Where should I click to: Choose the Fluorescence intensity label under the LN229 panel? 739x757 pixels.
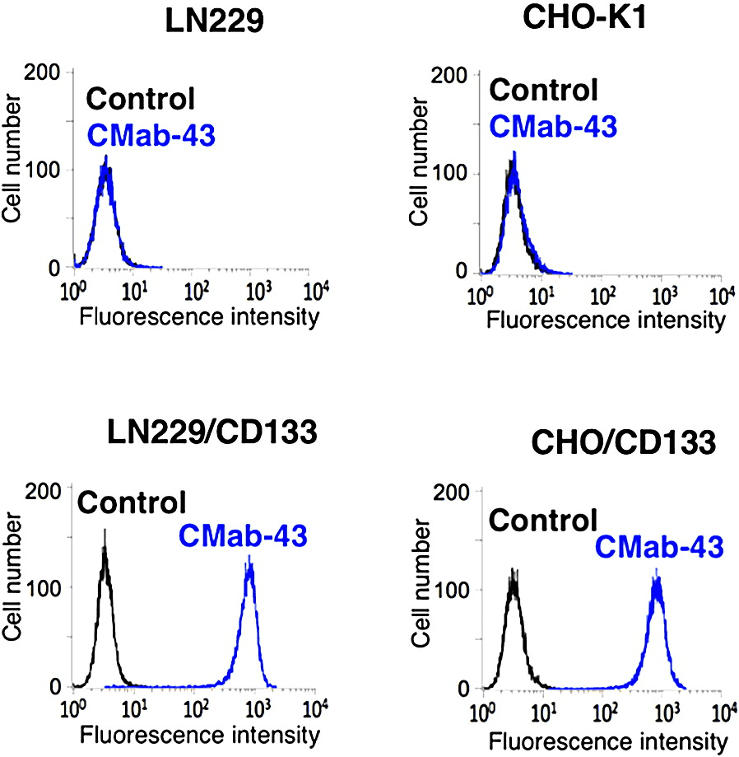point(198,316)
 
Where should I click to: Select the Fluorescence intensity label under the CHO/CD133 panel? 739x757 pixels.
point(607,740)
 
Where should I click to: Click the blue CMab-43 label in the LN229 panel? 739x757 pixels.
point(151,133)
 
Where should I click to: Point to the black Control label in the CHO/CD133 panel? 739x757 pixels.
point(542,520)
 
